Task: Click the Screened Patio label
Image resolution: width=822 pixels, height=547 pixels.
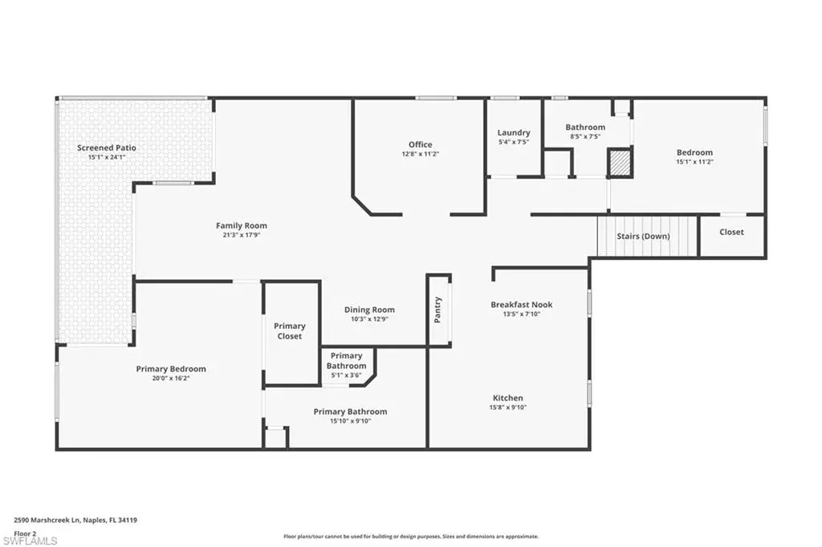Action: (x=107, y=148)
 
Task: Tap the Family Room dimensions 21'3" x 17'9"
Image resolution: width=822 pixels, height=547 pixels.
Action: (x=242, y=235)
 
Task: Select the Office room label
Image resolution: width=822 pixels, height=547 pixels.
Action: (x=421, y=144)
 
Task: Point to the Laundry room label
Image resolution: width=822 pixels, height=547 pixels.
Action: (x=514, y=132)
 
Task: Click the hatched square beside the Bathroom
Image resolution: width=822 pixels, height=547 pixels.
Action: (x=620, y=163)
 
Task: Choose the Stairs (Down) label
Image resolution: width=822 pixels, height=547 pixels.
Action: (x=643, y=237)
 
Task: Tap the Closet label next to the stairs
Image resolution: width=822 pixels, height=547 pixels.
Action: (x=731, y=232)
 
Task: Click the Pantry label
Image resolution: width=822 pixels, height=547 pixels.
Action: (x=437, y=310)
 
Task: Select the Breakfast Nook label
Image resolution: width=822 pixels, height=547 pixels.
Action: (x=522, y=305)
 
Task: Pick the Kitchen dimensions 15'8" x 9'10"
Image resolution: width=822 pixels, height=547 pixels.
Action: (x=508, y=407)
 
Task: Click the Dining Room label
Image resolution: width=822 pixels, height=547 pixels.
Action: (x=369, y=310)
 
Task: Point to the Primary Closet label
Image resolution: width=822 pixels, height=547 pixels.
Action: (x=289, y=331)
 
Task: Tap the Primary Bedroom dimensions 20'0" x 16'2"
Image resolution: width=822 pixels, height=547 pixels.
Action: (x=171, y=378)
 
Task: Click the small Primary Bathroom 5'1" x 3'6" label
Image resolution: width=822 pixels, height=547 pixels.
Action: (x=346, y=365)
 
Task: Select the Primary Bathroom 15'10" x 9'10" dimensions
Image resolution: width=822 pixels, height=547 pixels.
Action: (x=350, y=421)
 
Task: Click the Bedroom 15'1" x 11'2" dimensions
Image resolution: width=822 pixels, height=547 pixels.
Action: (x=694, y=162)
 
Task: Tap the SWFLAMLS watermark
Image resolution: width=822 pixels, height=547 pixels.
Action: (x=30, y=541)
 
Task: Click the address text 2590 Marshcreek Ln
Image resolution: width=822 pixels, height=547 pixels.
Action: (x=47, y=521)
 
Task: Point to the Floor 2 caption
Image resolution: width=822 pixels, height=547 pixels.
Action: (x=25, y=533)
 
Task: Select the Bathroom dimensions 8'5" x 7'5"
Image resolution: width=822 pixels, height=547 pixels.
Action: (x=585, y=136)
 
